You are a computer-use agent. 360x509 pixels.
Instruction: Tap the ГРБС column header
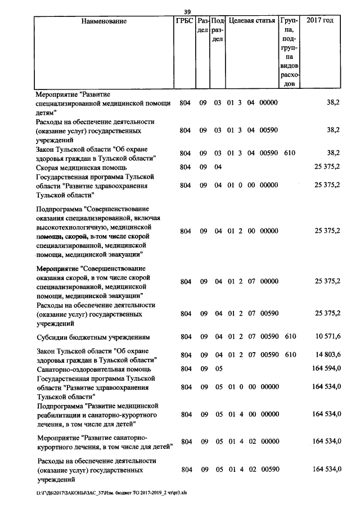(184, 21)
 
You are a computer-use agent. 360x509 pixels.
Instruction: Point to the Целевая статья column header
(252, 21)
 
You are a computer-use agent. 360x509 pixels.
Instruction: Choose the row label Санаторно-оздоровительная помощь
(93, 370)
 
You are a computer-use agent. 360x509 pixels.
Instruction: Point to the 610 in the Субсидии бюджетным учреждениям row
(290, 337)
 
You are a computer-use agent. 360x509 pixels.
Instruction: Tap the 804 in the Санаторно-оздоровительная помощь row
(185, 370)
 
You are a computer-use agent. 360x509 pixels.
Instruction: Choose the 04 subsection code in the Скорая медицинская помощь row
(218, 167)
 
